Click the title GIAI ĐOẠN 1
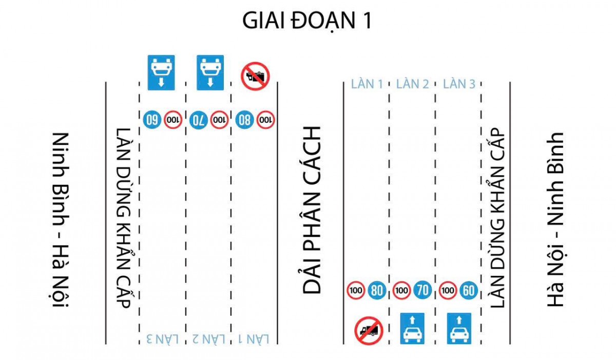click(x=307, y=21)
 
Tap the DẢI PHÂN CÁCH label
click(x=312, y=210)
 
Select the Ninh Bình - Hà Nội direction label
click(x=61, y=220)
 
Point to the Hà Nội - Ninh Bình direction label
click(x=555, y=220)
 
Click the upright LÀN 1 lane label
click(x=367, y=84)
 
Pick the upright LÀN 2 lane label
click(x=413, y=84)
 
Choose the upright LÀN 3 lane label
click(x=459, y=84)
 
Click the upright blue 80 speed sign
click(x=377, y=291)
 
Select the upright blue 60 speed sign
click(x=469, y=291)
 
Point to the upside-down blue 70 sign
click(x=199, y=120)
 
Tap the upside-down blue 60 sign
click(x=152, y=120)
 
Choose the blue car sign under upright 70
click(x=413, y=329)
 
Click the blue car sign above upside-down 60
click(x=161, y=72)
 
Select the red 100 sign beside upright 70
click(x=402, y=291)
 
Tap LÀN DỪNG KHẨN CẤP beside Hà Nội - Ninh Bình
click(x=498, y=218)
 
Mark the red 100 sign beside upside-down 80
click(x=265, y=120)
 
